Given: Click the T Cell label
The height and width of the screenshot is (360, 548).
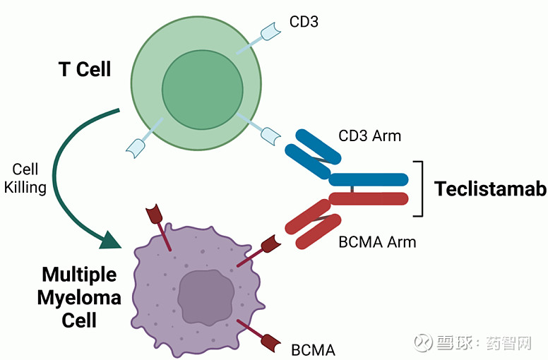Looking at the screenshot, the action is (85, 68).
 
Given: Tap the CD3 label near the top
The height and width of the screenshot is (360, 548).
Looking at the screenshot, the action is (304, 22).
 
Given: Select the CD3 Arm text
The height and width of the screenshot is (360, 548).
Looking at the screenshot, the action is (369, 136).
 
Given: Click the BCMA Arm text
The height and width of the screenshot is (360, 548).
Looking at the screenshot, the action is (377, 242).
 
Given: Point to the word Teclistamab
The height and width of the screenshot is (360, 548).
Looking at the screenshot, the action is (490, 189).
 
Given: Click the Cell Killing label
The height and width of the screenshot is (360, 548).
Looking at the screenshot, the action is (25, 179).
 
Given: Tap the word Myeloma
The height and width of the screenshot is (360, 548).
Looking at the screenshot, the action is (79, 299).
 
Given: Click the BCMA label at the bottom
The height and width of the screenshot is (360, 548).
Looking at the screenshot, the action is (313, 350).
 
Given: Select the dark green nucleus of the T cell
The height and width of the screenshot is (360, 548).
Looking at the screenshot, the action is (203, 90).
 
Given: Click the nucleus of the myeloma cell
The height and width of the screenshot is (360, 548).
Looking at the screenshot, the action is (205, 297).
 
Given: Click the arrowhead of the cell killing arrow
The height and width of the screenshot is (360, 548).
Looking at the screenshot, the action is (110, 240).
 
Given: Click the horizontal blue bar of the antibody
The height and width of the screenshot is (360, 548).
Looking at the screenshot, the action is (369, 179).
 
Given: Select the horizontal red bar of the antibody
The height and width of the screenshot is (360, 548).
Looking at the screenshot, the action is (369, 198).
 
